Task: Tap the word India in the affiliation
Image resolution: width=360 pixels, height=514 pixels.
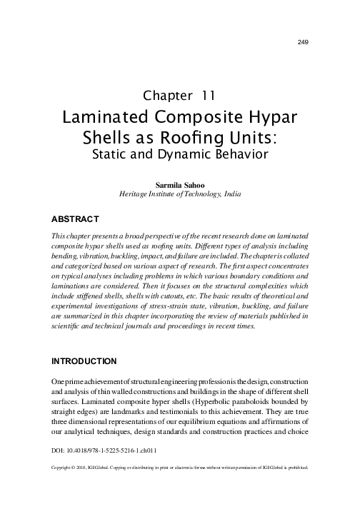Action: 229,193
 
